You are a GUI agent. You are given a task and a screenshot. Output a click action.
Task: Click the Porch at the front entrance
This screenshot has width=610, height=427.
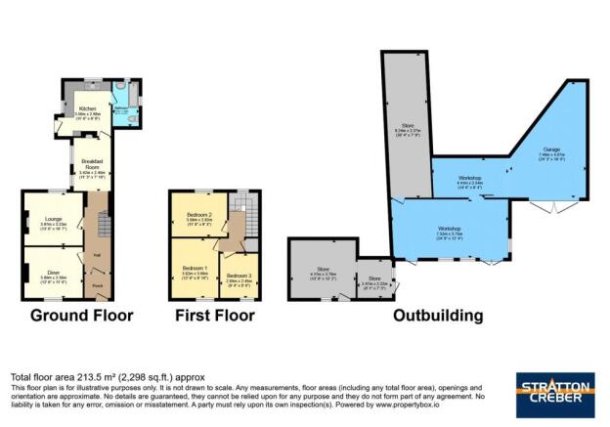coord(97,285)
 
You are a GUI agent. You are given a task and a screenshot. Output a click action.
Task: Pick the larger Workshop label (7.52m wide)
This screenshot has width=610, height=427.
coord(449,231)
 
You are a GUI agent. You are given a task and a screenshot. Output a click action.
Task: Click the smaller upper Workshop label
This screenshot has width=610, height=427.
coord(469,179)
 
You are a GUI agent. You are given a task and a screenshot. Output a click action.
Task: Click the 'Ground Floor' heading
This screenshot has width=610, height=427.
coord(81,316)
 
